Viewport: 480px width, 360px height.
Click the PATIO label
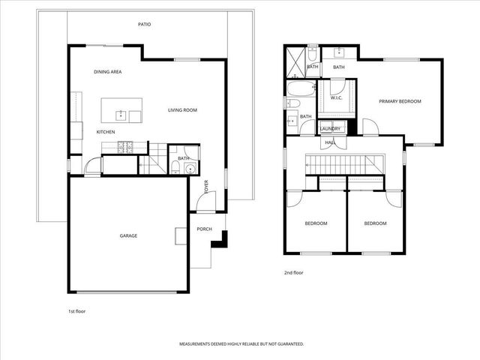pos(145,24)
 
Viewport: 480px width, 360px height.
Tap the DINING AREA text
pos(108,72)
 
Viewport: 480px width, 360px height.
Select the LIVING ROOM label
pos(181,110)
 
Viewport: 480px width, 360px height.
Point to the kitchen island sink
pos(120,115)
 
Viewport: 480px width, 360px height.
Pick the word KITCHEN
pos(105,132)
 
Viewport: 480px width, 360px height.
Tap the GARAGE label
pos(128,235)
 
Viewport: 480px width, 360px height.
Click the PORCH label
pos(204,229)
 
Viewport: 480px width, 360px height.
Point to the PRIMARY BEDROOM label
pos(400,101)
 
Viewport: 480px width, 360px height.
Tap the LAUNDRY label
pos(330,129)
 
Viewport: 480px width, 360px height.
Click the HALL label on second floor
pos(329,141)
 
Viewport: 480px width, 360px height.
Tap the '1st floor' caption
pos(77,310)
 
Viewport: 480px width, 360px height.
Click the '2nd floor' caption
pos(293,272)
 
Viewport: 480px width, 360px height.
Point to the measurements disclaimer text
pos(241,343)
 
